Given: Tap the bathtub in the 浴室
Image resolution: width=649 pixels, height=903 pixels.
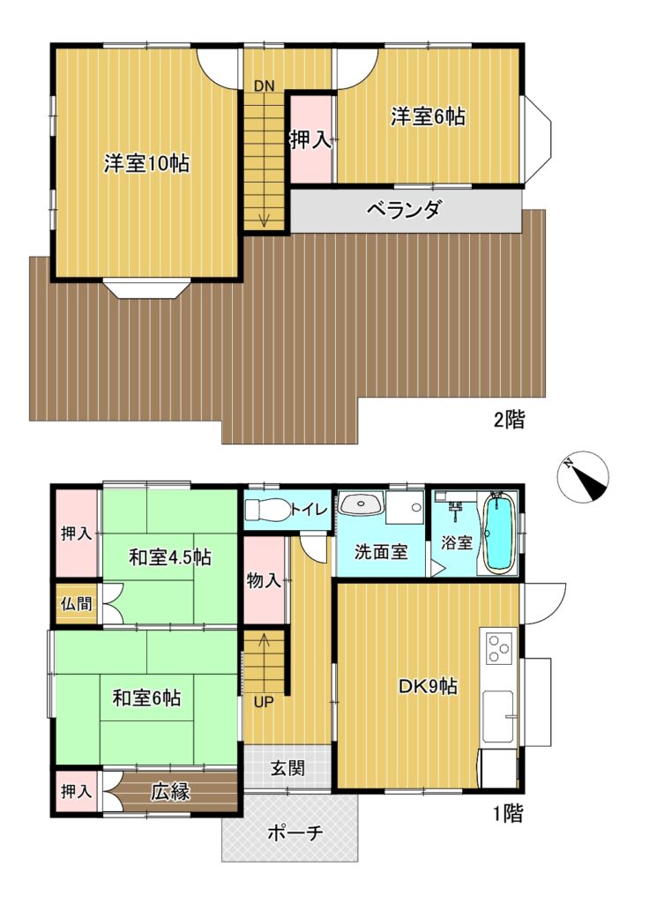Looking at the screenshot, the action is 498,533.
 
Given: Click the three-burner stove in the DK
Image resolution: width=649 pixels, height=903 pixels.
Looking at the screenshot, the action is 499,647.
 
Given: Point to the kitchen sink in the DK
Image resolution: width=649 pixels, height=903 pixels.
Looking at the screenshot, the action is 498,716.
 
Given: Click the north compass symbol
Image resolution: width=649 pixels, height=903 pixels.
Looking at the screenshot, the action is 583,476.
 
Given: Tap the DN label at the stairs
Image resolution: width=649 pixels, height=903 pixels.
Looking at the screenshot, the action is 265,86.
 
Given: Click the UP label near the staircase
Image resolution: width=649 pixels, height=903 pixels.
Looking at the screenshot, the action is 264,703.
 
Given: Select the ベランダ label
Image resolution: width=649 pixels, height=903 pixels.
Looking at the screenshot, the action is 404,208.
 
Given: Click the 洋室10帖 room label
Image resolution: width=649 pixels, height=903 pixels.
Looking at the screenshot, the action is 146,163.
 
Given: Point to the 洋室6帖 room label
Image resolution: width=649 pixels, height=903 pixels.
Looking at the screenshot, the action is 428,117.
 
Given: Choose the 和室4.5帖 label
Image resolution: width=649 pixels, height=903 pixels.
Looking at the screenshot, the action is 170,557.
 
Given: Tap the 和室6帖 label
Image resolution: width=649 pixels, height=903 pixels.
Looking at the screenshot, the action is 146,698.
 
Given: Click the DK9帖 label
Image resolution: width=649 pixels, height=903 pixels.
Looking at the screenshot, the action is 429,686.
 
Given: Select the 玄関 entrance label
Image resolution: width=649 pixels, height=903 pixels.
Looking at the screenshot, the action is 287,768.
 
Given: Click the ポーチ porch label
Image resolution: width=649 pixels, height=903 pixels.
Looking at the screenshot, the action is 295,832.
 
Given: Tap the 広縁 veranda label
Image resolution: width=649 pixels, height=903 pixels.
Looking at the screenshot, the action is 170,791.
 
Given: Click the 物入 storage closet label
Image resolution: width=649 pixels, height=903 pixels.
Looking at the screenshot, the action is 264,580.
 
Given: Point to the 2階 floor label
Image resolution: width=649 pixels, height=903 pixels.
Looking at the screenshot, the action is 509,420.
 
